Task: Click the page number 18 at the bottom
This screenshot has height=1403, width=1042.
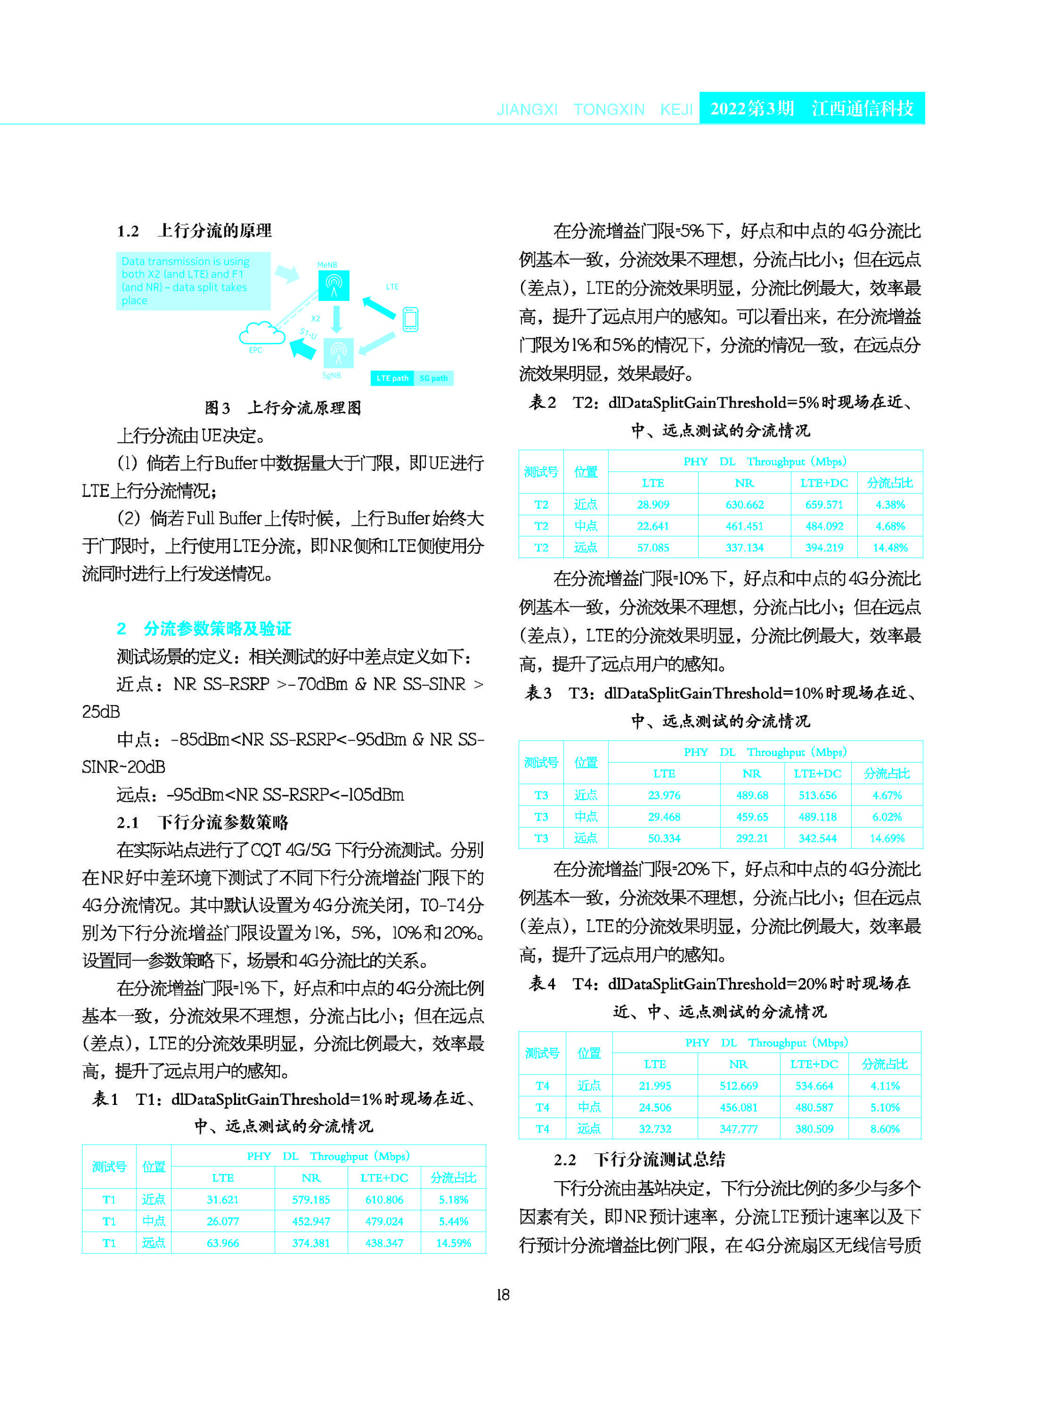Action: click(x=503, y=1295)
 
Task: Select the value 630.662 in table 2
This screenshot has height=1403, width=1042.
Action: click(x=744, y=505)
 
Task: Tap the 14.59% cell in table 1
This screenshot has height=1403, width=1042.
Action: click(x=453, y=1243)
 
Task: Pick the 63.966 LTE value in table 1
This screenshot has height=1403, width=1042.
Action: click(x=223, y=1243)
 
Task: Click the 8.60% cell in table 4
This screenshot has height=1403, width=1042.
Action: click(x=884, y=1129)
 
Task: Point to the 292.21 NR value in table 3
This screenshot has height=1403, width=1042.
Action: click(x=752, y=838)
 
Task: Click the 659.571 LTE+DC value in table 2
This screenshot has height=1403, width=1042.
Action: click(x=824, y=505)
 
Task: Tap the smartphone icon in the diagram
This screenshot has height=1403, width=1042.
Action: click(x=411, y=319)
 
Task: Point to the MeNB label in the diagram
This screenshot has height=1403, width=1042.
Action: click(x=327, y=265)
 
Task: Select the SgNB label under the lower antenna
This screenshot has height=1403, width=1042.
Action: click(x=331, y=376)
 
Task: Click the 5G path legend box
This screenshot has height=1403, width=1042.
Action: click(x=433, y=378)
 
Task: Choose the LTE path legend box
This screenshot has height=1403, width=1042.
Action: click(x=392, y=378)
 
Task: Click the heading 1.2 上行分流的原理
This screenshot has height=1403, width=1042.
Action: click(x=194, y=231)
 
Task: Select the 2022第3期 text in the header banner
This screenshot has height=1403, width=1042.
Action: click(x=752, y=108)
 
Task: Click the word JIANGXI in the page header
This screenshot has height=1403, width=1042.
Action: click(x=527, y=110)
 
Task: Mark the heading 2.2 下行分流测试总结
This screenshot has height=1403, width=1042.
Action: click(x=639, y=1159)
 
